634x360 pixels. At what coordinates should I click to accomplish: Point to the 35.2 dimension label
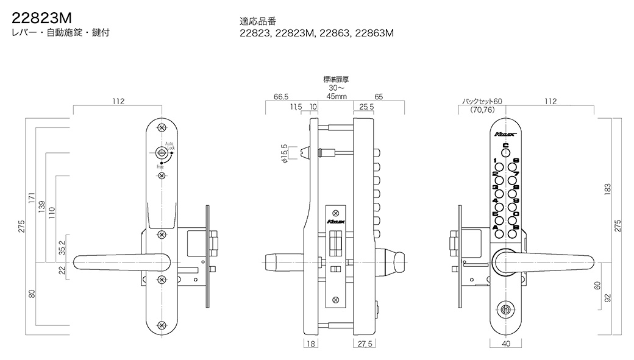(x=62, y=248)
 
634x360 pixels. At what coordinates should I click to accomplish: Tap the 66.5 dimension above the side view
(x=281, y=97)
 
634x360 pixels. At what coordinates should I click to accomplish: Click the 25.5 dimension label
(x=367, y=107)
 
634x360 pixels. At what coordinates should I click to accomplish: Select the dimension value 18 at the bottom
(x=311, y=344)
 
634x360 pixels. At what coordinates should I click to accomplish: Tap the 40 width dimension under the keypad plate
(x=505, y=344)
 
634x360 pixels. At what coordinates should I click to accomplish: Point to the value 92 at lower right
(x=607, y=298)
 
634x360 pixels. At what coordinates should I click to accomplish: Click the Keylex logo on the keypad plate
(x=505, y=132)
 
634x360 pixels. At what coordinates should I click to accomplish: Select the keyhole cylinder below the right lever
(x=505, y=309)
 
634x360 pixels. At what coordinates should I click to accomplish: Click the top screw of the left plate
(x=162, y=128)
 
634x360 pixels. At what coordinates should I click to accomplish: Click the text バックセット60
(x=482, y=102)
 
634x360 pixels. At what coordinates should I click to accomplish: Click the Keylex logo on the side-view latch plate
(x=335, y=223)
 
